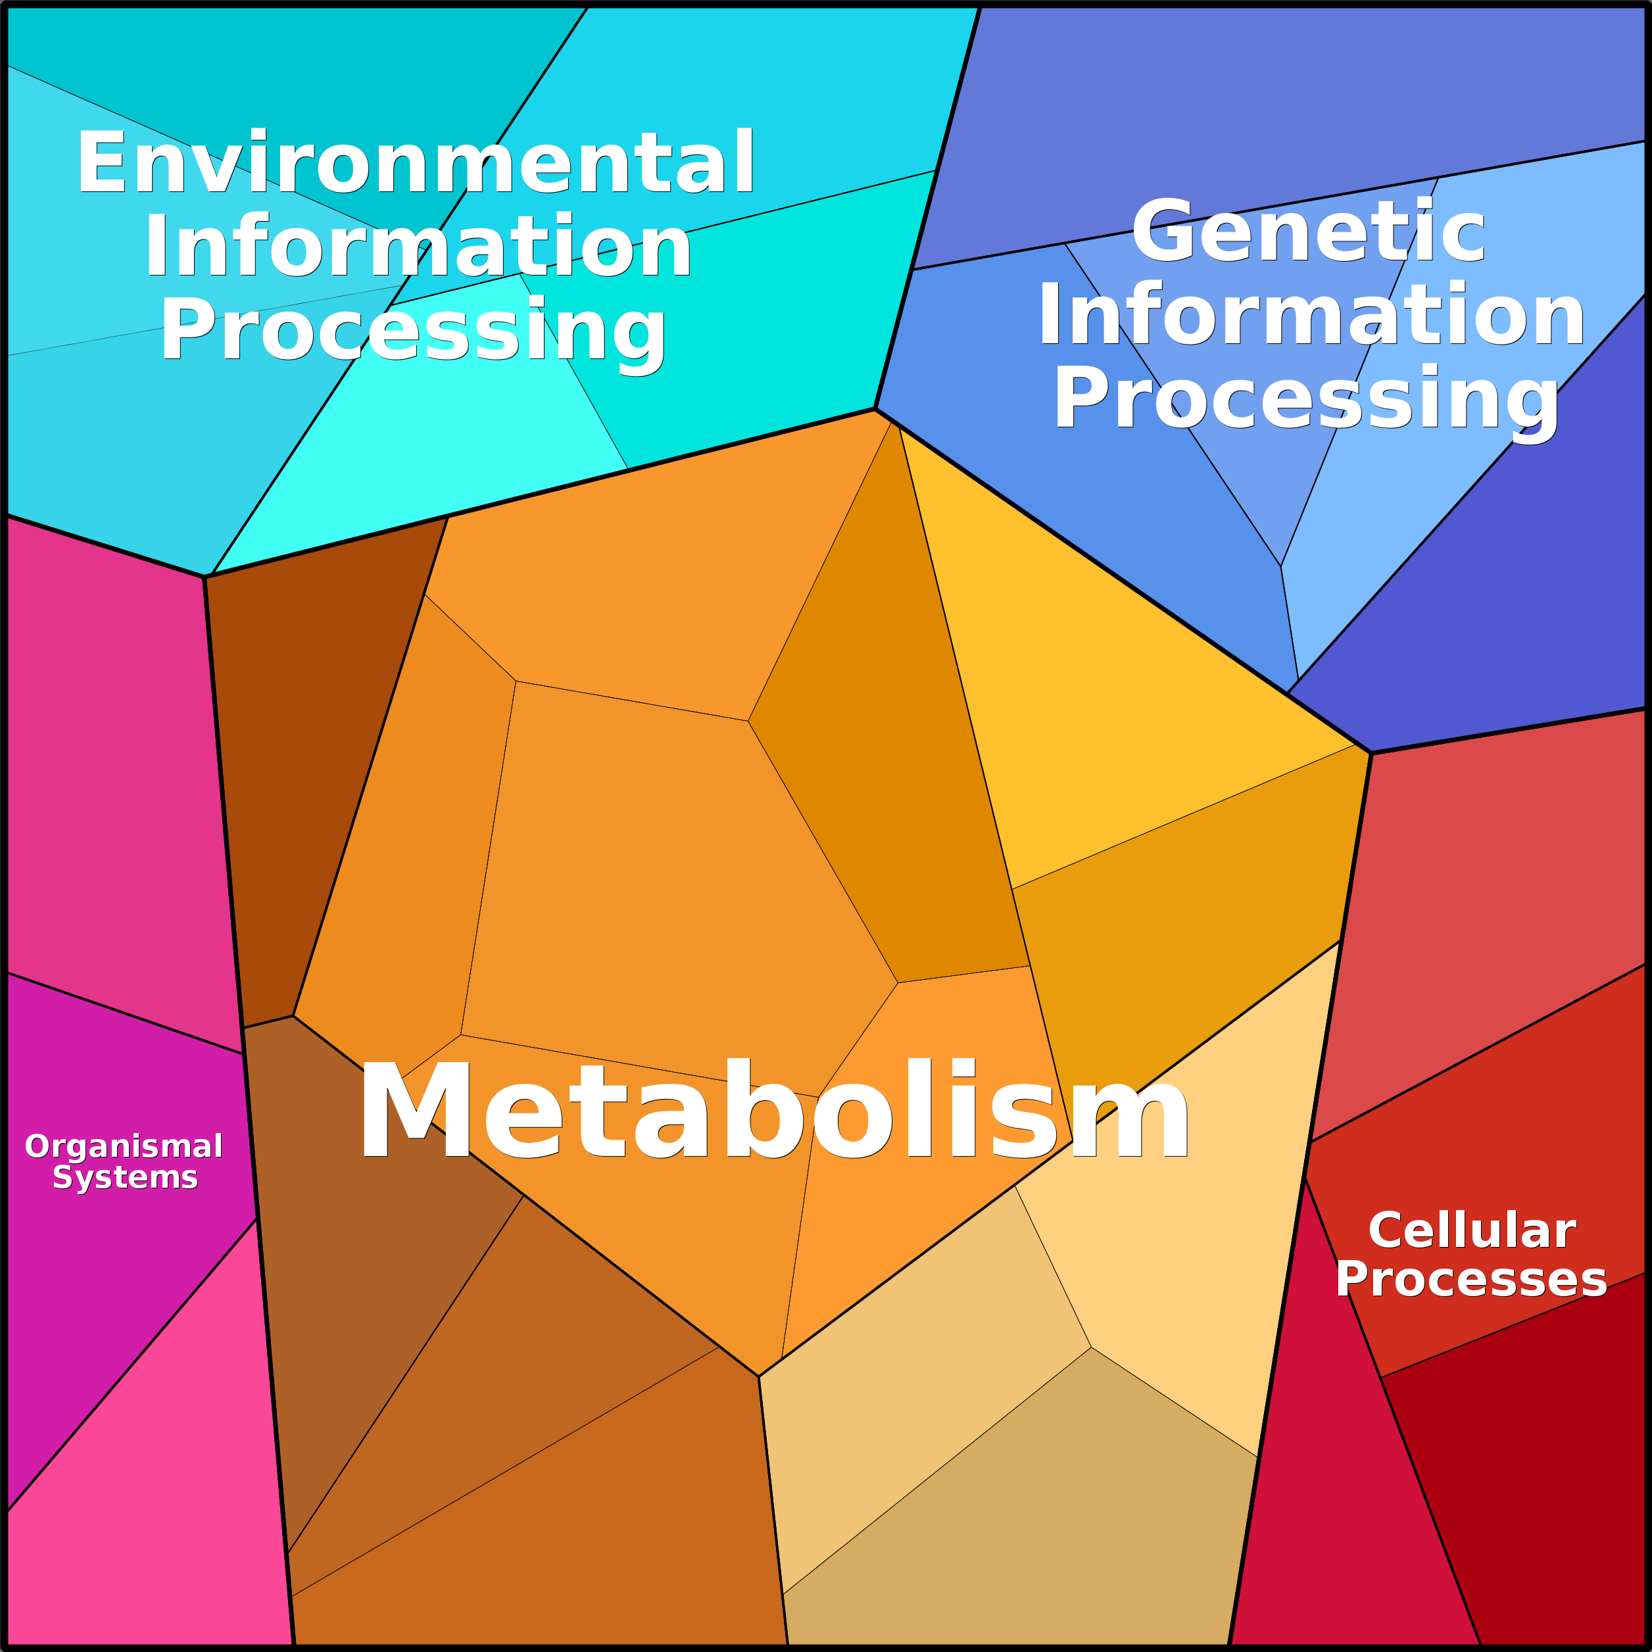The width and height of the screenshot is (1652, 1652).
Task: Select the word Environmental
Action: coord(416,163)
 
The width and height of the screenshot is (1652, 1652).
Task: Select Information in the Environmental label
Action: coord(418,246)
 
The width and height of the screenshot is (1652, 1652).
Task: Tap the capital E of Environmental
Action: coord(101,163)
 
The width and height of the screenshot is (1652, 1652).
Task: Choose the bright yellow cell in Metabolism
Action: coord(1111,684)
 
